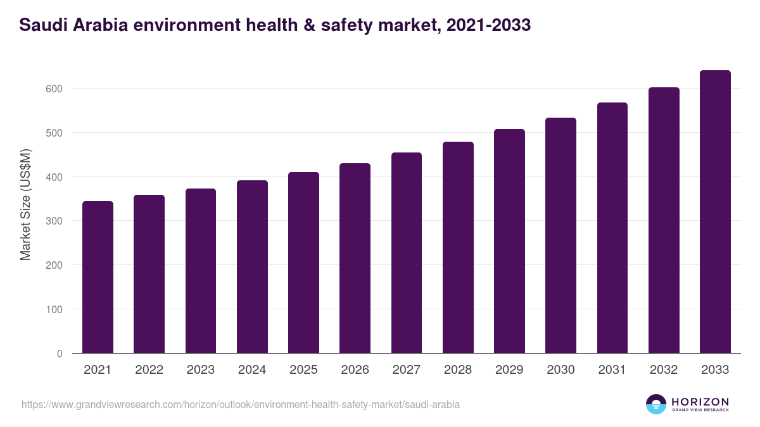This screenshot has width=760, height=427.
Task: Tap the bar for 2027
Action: [407, 253]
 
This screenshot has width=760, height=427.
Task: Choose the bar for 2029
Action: [509, 241]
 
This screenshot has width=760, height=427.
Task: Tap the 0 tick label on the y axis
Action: [59, 354]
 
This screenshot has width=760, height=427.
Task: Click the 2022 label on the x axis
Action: [149, 370]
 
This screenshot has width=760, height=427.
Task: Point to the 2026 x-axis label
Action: [355, 370]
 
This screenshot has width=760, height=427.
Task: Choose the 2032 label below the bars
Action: [664, 370]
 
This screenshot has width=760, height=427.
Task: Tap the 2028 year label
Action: [458, 370]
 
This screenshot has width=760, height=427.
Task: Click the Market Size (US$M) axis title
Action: [25, 205]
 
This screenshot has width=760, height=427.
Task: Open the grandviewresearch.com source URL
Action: [241, 404]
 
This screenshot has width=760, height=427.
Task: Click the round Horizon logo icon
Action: [656, 404]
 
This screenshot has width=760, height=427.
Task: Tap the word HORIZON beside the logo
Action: [700, 402]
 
